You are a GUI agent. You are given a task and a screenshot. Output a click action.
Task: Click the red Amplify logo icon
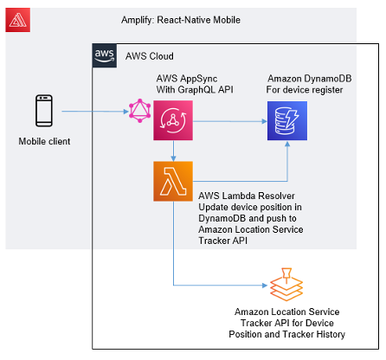pyautogui.click(x=17, y=20)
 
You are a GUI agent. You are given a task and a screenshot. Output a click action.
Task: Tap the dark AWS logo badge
pyautogui.click(x=105, y=55)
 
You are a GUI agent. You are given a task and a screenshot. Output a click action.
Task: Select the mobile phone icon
pyautogui.click(x=44, y=111)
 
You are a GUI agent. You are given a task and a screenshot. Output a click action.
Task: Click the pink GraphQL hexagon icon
pyautogui.click(x=140, y=111)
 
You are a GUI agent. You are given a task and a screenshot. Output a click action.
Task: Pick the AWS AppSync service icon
pyautogui.click(x=173, y=120)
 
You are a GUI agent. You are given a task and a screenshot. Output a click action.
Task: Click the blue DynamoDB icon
pyautogui.click(x=287, y=120)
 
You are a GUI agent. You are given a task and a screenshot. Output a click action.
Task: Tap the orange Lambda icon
pyautogui.click(x=173, y=181)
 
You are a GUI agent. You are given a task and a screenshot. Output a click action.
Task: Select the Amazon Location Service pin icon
pyautogui.click(x=286, y=285)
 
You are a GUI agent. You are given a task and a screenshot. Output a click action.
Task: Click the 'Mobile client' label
pyautogui.click(x=44, y=141)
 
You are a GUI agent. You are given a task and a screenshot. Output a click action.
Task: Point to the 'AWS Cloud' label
pyautogui.click(x=150, y=56)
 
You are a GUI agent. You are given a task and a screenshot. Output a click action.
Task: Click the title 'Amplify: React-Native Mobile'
pyautogui.click(x=181, y=20)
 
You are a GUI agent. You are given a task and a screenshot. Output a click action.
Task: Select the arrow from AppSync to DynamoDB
pyautogui.click(x=230, y=121)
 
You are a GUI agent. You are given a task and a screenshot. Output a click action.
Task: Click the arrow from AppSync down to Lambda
pyautogui.click(x=173, y=151)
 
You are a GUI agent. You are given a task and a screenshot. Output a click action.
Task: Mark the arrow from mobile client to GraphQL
pyautogui.click(x=95, y=112)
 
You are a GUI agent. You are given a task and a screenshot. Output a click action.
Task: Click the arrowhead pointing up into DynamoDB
pyautogui.click(x=287, y=144)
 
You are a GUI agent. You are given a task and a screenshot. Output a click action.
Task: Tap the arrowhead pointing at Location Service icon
pyautogui.click(x=265, y=286)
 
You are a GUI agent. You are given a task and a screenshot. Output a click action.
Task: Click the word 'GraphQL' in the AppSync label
pyautogui.click(x=196, y=90)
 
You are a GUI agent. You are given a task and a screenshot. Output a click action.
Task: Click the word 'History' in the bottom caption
pyautogui.click(x=331, y=334)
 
